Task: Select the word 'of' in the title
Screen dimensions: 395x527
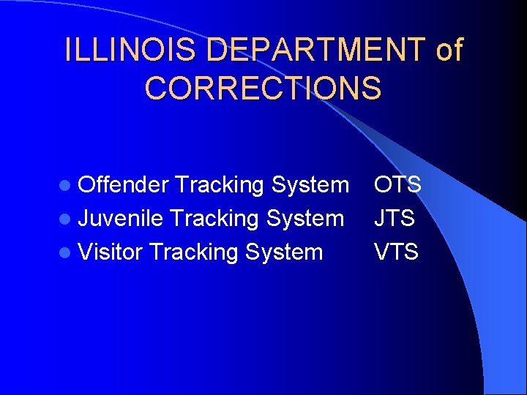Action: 449,50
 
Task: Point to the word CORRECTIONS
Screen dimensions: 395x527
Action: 263,88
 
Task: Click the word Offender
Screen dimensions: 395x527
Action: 124,185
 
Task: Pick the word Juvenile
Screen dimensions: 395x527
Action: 122,219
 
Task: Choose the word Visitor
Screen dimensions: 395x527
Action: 110,252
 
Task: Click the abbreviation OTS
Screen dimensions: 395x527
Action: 397,185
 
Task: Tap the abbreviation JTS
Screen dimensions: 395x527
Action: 395,219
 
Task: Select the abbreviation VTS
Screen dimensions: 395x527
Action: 396,252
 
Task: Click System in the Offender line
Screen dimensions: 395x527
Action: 310,186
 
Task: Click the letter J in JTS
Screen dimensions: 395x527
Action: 380,219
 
